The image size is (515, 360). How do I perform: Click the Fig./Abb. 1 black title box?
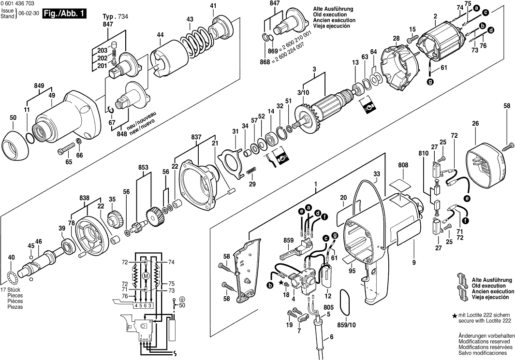(x=64, y=13)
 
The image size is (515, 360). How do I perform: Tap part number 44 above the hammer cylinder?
(x=160, y=35)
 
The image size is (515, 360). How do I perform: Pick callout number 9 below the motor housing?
(x=414, y=263)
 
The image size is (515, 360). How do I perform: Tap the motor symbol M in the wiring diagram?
(x=146, y=275)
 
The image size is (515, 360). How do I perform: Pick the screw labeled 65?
(x=67, y=148)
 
